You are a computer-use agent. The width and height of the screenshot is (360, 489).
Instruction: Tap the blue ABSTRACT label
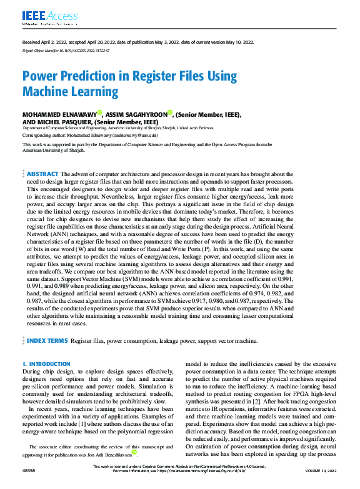42,174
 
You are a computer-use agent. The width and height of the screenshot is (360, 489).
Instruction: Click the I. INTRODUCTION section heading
46,363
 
